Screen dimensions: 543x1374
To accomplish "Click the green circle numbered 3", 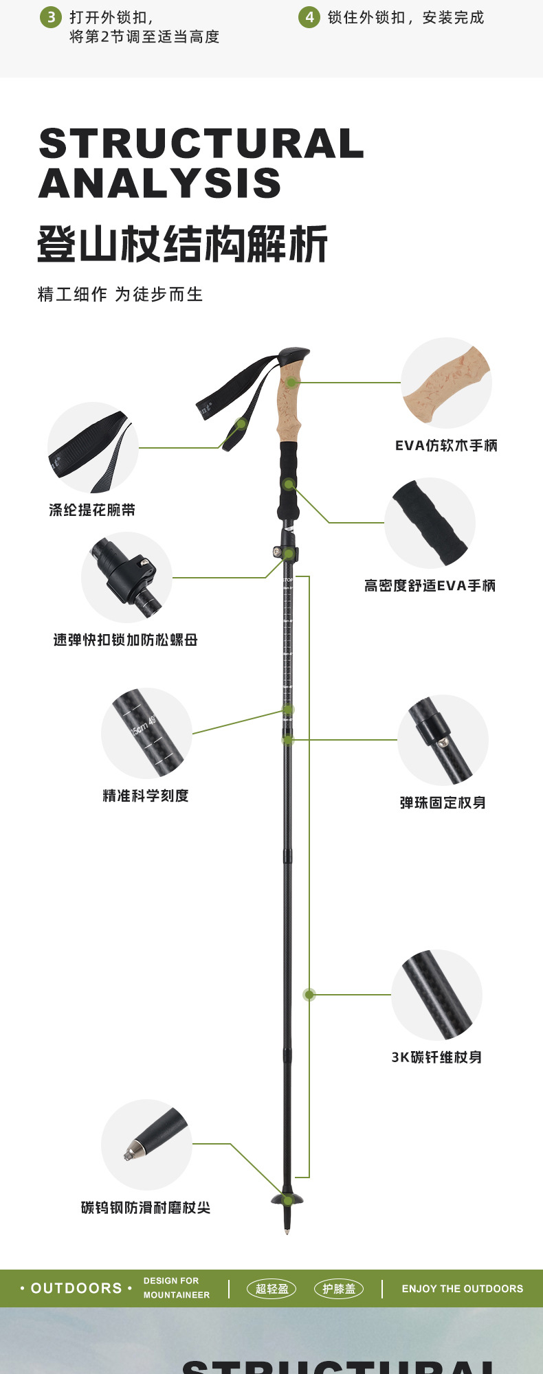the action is click(x=51, y=17).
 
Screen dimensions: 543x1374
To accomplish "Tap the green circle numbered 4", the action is click(x=309, y=17).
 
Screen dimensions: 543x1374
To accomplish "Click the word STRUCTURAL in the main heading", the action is click(x=201, y=144).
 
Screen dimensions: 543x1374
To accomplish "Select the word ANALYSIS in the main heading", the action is click(x=160, y=183).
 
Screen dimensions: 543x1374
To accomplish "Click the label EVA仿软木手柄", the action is click(x=446, y=446).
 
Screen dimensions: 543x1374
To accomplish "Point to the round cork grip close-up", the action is click(x=446, y=383).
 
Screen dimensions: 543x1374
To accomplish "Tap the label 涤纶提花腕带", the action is click(x=92, y=510).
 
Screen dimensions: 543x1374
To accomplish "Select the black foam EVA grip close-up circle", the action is click(x=430, y=523).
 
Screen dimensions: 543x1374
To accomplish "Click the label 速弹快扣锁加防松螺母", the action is click(x=126, y=640).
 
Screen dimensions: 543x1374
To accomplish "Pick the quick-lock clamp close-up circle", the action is click(x=126, y=577).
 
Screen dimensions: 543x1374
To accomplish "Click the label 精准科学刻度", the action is click(x=146, y=796).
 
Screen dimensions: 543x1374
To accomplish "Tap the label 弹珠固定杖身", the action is click(x=443, y=802).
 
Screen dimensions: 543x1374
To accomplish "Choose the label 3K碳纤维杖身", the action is click(x=436, y=1057).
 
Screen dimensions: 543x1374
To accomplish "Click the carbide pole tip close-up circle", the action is click(x=146, y=1145).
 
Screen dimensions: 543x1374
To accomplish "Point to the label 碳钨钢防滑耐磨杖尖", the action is click(x=146, y=1208).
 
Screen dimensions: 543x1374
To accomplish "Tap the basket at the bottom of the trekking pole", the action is click(x=287, y=1199).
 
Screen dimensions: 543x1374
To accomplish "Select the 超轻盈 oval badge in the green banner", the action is click(x=271, y=1289).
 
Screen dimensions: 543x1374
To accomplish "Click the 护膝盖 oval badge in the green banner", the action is click(x=339, y=1289).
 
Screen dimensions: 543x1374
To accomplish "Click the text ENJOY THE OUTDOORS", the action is click(x=463, y=1289).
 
